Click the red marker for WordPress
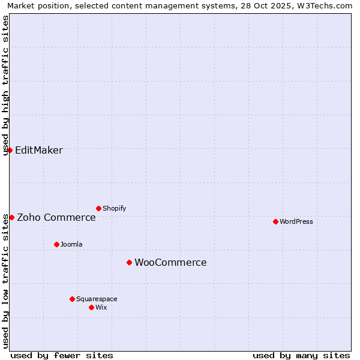click(x=275, y=221)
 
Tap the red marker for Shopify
click(x=98, y=208)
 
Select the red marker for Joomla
click(x=56, y=244)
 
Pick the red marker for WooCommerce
click(x=129, y=262)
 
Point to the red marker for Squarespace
click(x=72, y=299)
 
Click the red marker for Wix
click(x=91, y=307)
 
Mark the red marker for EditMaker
click(x=10, y=150)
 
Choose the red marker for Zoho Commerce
click(x=11, y=217)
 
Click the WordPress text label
click(x=296, y=221)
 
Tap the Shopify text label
click(x=114, y=208)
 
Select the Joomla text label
click(x=71, y=244)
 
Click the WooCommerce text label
click(x=170, y=262)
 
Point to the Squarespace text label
click(x=97, y=299)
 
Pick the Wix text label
click(x=101, y=307)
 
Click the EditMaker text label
click(x=38, y=150)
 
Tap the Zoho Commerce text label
click(x=56, y=217)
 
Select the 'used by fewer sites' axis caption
click(x=62, y=355)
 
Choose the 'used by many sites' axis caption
click(x=301, y=355)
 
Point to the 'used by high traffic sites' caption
click(x=6, y=85)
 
